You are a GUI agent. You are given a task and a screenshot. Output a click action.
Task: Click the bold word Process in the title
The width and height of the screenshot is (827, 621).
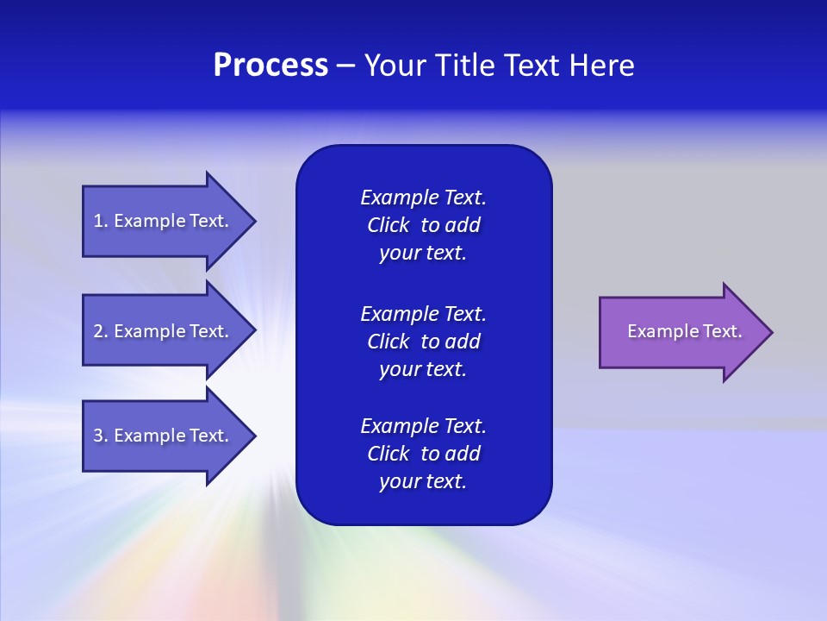(270, 66)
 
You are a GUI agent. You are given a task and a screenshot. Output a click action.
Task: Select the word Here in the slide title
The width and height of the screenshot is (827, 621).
(602, 66)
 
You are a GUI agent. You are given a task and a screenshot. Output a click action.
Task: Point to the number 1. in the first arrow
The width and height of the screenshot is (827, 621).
(101, 221)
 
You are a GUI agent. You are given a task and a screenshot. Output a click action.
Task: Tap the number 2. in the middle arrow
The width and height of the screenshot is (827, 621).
(101, 331)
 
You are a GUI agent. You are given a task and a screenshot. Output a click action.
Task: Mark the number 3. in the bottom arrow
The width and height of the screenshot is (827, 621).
(101, 436)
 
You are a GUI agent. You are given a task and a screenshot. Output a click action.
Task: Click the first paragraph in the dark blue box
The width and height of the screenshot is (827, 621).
(423, 225)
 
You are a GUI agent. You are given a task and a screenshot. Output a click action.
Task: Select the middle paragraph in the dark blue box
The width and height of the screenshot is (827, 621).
(423, 341)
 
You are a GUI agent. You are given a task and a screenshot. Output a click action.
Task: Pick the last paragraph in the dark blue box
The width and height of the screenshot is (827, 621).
(423, 454)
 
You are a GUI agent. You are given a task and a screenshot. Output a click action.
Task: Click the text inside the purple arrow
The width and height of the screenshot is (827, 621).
(685, 331)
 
